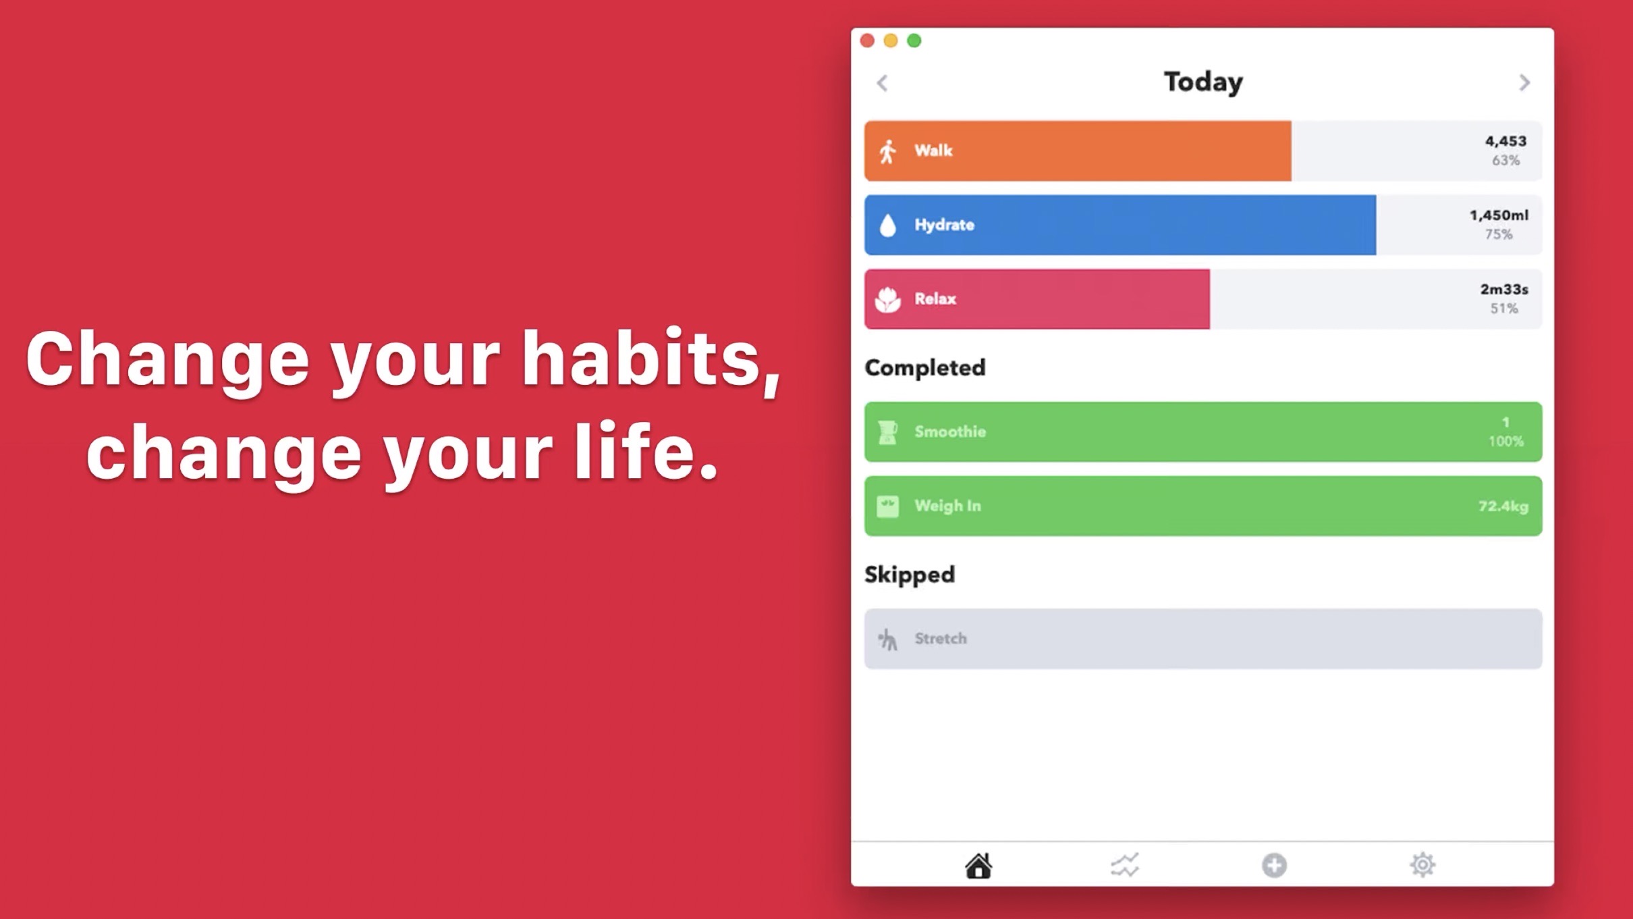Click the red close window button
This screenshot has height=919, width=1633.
[867, 41]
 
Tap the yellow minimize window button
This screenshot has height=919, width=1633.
[891, 41]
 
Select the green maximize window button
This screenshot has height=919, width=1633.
[914, 41]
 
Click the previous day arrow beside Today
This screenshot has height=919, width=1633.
[882, 82]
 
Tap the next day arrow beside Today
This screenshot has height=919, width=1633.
[1524, 82]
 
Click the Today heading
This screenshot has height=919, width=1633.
[1203, 82]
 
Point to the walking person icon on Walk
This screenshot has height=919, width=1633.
[888, 151]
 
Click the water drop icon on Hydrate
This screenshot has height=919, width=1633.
[888, 225]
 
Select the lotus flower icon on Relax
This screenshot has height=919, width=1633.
[888, 299]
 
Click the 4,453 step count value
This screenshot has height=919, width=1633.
[1505, 141]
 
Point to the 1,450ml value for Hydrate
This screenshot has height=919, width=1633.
[1499, 215]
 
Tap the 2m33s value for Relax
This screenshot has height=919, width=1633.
[1504, 290]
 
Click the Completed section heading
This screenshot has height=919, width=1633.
[925, 368]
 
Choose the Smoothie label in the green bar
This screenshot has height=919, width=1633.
[950, 431]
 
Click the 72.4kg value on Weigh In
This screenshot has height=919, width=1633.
[1503, 506]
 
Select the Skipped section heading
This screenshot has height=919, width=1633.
[910, 575]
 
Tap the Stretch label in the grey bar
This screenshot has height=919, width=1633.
[941, 639]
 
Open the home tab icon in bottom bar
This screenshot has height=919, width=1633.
[978, 866]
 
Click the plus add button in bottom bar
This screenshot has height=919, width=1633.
[1274, 866]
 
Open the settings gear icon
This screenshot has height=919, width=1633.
[1422, 865]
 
